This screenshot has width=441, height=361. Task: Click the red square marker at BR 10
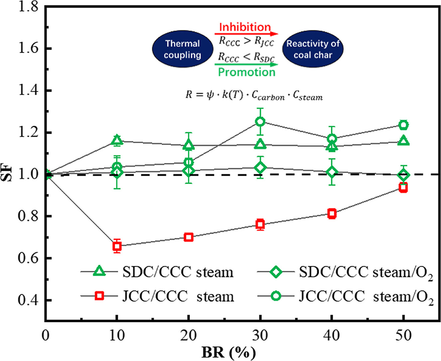tap(117, 246)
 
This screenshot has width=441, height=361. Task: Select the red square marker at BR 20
tap(189, 237)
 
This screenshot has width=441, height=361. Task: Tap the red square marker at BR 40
tap(332, 214)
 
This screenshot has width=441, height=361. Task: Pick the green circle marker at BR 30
tap(260, 121)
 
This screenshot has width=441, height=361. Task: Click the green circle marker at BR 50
tap(403, 125)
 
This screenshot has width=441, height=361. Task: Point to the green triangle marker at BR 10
tap(117, 140)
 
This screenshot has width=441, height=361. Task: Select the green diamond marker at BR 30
tap(260, 167)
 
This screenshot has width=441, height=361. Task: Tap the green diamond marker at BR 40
tap(332, 172)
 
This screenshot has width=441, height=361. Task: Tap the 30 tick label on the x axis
tap(260, 335)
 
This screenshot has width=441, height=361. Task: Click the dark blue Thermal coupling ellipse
tap(183, 49)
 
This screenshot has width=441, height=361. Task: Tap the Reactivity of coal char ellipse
tap(313, 49)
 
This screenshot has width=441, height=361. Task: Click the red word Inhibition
tap(245, 27)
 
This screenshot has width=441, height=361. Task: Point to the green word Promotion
tap(247, 72)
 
